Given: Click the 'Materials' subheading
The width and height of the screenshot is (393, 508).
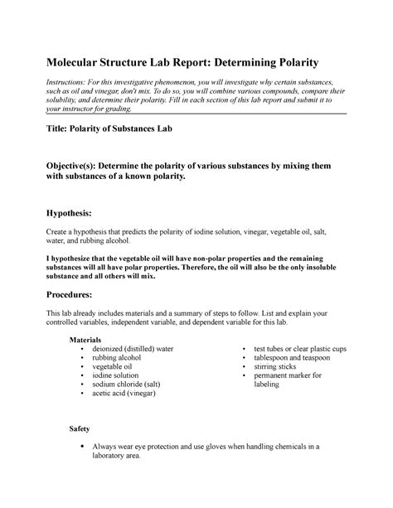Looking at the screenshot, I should (85, 340).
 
